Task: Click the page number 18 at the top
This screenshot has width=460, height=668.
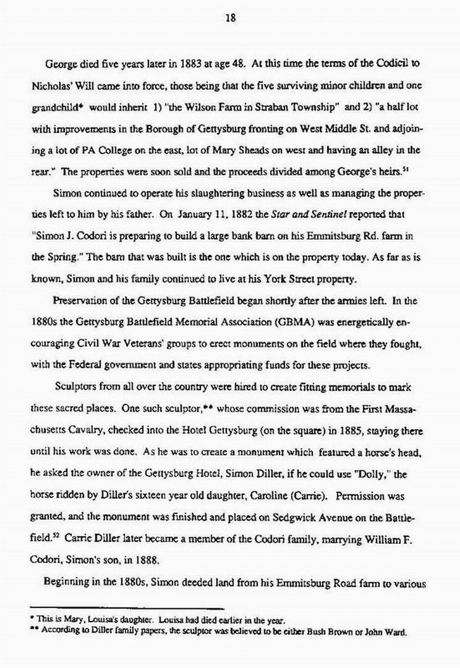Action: pos(230,18)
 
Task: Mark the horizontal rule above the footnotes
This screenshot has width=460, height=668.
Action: pos(127,608)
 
